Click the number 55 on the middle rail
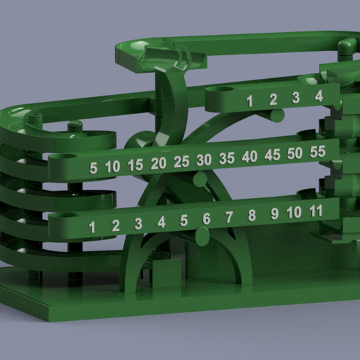318,151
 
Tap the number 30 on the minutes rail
204,160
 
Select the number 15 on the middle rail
135,165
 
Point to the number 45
273,155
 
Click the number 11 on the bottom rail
315,209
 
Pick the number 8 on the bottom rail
252,216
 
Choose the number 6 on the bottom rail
207,219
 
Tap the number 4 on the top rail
318,96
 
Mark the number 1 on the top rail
250,102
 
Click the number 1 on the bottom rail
91,227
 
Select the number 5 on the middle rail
93,168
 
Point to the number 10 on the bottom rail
294,211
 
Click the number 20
158,163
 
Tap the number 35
227,158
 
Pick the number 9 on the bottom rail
274,213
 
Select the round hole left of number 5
68,158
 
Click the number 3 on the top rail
296,98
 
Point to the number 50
295,153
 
